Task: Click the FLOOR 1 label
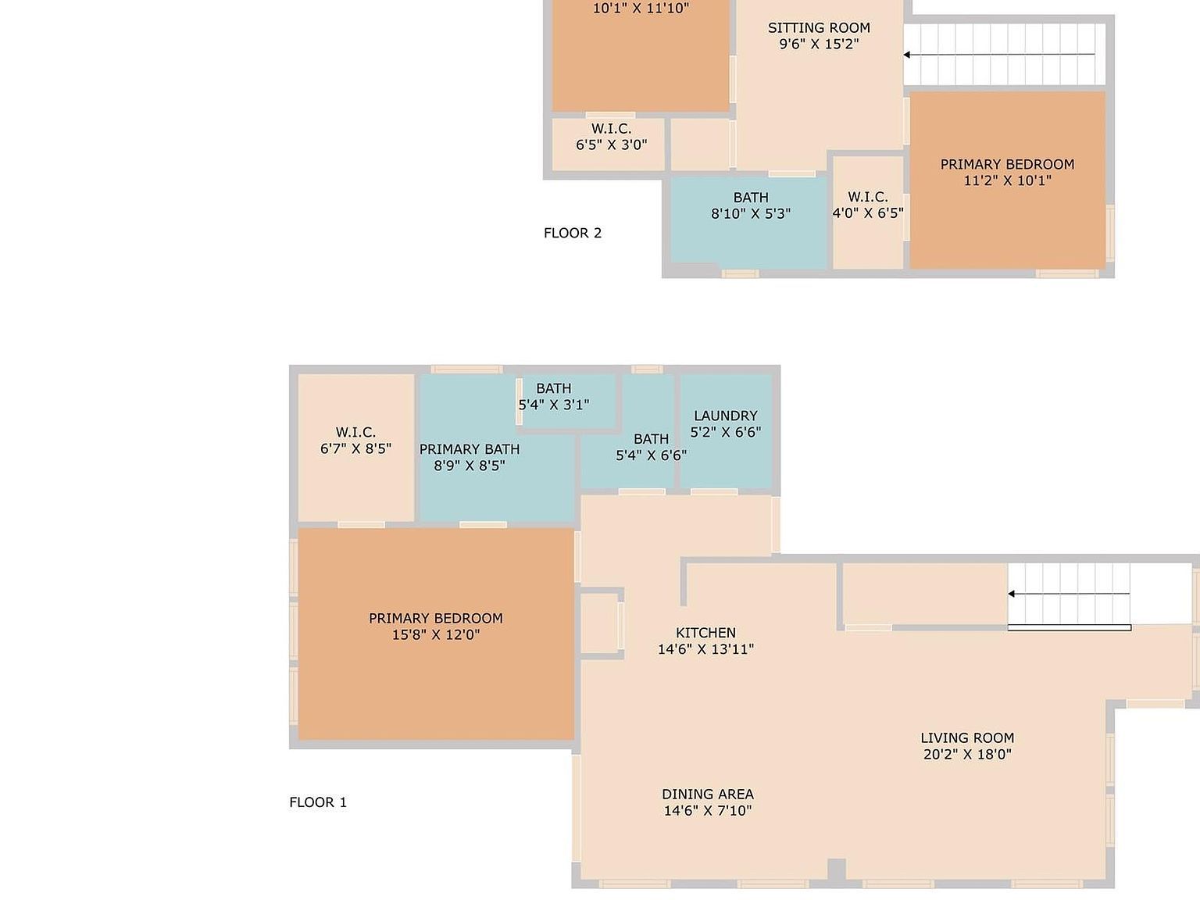click(318, 802)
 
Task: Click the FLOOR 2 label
click(573, 233)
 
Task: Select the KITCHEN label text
click(705, 633)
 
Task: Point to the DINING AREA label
click(708, 794)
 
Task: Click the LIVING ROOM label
click(967, 737)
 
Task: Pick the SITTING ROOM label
click(819, 28)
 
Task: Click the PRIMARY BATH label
click(469, 449)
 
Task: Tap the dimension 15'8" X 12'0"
click(436, 634)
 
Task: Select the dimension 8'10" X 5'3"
click(751, 213)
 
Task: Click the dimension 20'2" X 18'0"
click(967, 754)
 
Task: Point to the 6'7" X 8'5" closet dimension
click(355, 448)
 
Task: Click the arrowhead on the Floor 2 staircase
click(906, 55)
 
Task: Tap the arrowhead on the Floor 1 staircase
click(1012, 594)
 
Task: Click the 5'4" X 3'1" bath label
click(554, 397)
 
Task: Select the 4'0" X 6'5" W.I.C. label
click(868, 205)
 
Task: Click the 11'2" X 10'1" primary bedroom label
click(1007, 173)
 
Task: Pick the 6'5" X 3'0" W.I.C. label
click(611, 137)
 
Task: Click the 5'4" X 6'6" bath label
click(651, 447)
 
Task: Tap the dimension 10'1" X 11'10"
click(641, 8)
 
